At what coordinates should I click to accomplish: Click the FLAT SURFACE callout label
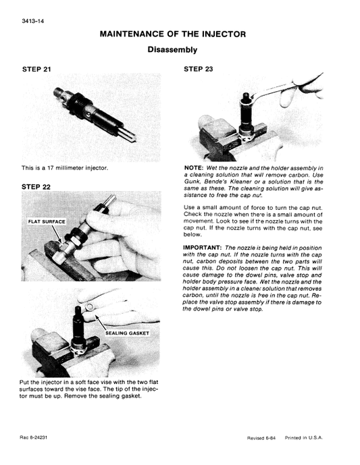(46, 221)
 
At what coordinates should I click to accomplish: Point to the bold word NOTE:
(195, 168)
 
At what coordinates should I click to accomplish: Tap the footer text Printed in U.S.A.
(304, 438)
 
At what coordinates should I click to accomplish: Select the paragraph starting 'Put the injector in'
(90, 389)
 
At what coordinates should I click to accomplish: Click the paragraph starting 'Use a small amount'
(253, 221)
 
